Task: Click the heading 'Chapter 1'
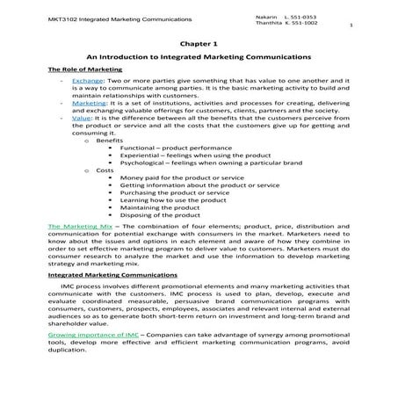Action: [198, 41]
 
